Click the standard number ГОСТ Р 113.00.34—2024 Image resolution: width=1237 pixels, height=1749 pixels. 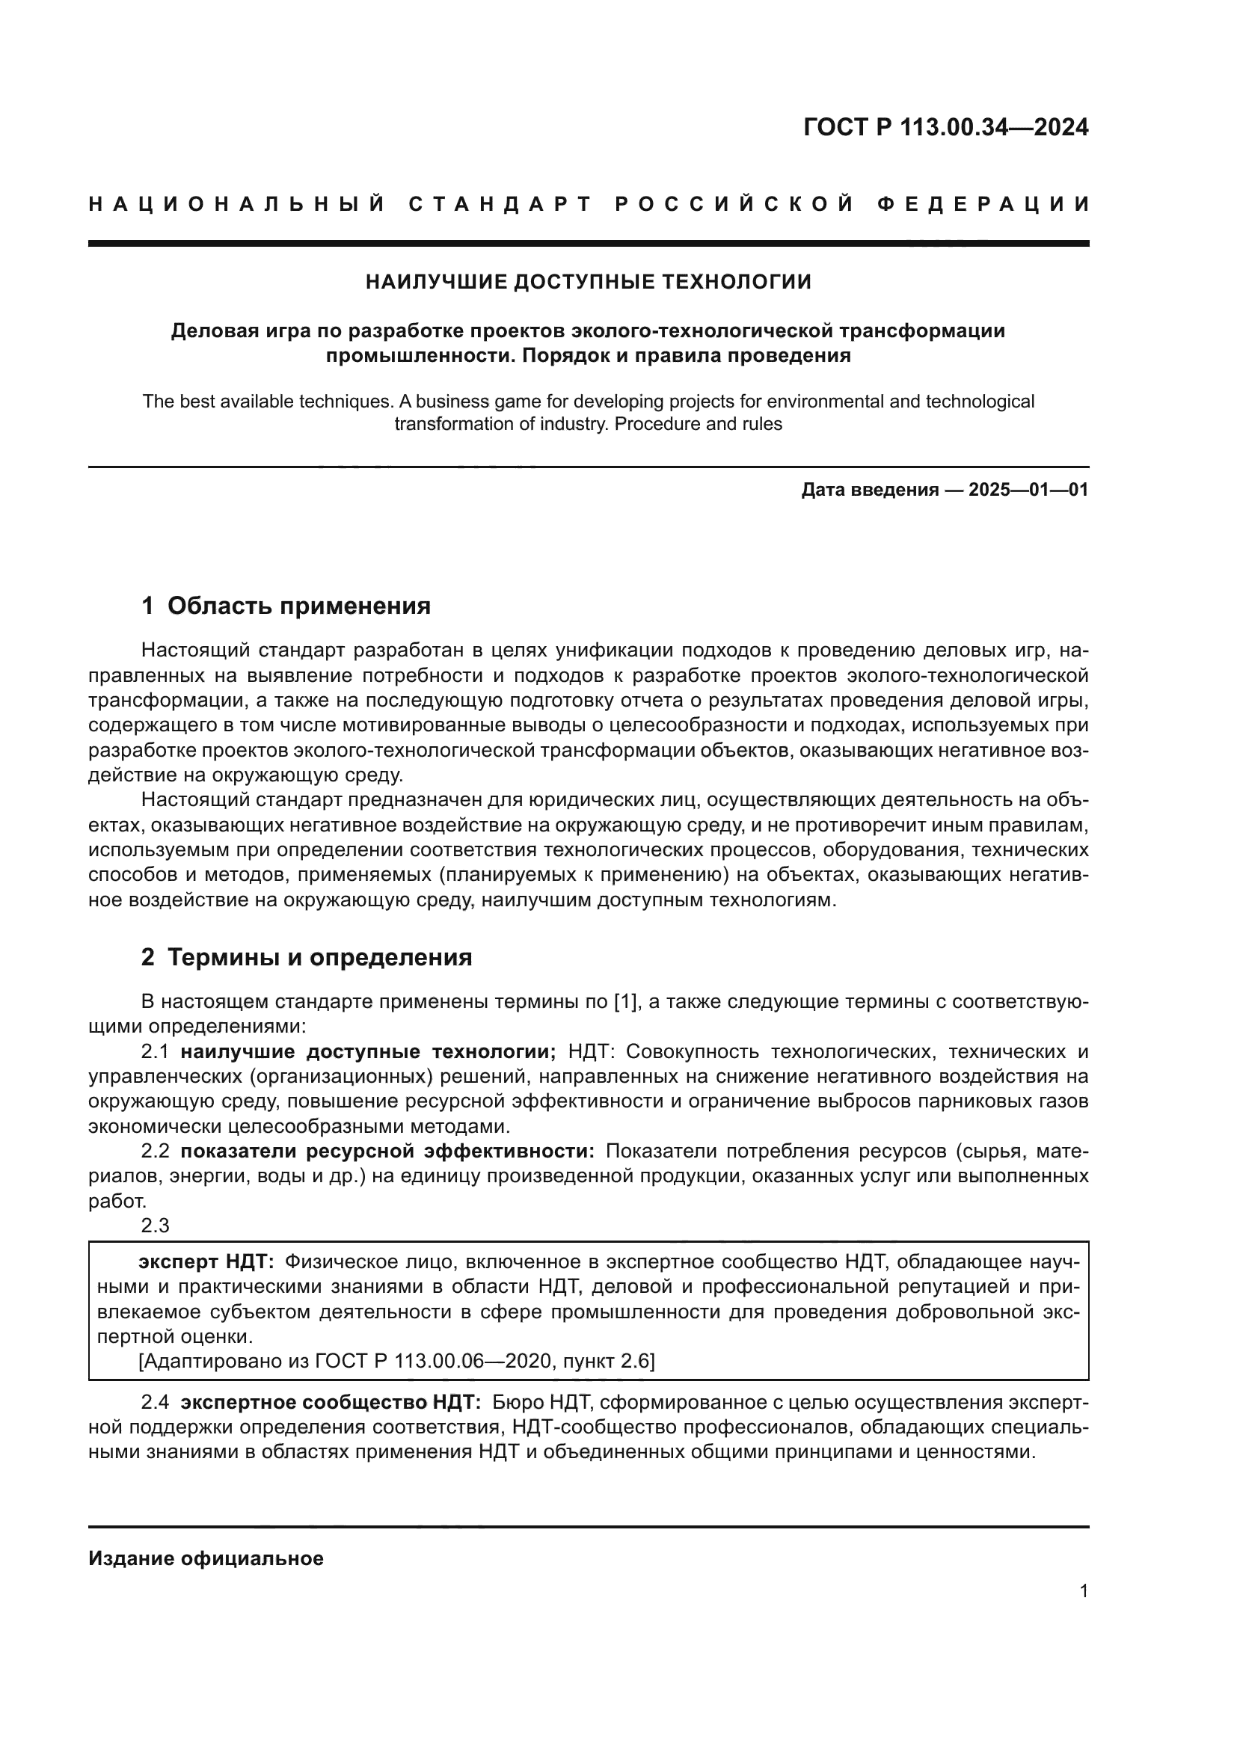pos(945,127)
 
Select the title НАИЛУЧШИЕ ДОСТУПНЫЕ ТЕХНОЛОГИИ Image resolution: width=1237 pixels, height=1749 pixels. pos(588,282)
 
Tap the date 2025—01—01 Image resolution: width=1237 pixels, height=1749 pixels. pos(1028,490)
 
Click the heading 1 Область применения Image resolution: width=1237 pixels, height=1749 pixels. pos(286,606)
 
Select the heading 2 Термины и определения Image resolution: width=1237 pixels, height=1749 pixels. pos(306,958)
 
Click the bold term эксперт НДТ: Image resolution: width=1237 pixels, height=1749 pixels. pos(206,1262)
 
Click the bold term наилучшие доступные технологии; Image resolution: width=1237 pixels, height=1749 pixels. pos(368,1052)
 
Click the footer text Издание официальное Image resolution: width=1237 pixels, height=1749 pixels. pos(206,1558)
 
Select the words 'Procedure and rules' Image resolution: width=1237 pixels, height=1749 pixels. pos(698,424)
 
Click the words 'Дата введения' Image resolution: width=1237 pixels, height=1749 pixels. pos(869,490)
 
